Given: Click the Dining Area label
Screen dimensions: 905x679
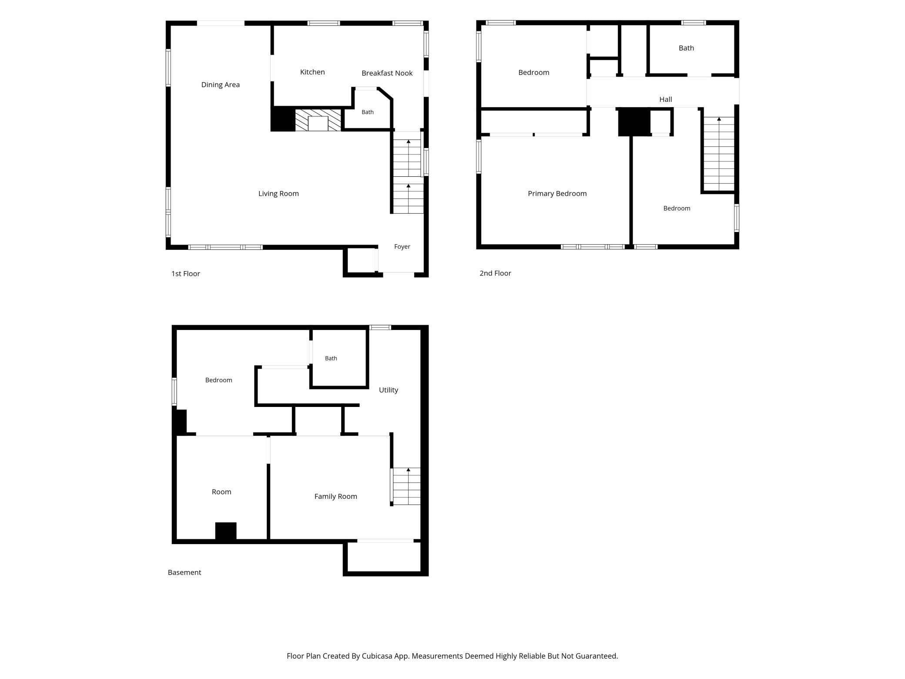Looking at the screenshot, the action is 220,84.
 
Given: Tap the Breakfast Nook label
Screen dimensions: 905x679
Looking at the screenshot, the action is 387,73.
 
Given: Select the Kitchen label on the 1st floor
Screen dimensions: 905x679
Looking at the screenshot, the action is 312,72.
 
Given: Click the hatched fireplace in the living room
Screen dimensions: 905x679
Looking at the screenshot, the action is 318,120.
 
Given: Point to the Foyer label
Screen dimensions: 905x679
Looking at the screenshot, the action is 402,247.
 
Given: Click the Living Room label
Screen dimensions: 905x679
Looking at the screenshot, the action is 278,194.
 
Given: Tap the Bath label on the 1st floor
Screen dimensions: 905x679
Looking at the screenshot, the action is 368,112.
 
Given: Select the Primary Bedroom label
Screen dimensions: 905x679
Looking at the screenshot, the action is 557,193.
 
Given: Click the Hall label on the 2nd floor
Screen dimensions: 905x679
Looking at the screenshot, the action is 665,99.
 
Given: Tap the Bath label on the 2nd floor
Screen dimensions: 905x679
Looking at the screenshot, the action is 686,48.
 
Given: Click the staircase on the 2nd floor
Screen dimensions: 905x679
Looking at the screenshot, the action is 719,154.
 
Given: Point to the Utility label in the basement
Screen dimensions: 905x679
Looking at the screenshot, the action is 388,390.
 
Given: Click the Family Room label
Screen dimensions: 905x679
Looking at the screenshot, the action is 335,496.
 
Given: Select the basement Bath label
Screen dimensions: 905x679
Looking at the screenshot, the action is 331,358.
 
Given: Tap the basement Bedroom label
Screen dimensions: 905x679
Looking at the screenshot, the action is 218,380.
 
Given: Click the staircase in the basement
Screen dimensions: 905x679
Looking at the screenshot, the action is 406,486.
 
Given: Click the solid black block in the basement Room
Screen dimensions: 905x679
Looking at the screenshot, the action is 226,531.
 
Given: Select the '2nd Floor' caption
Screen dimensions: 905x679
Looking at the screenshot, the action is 495,273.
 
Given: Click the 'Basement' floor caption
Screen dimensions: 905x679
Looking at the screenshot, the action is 184,572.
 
